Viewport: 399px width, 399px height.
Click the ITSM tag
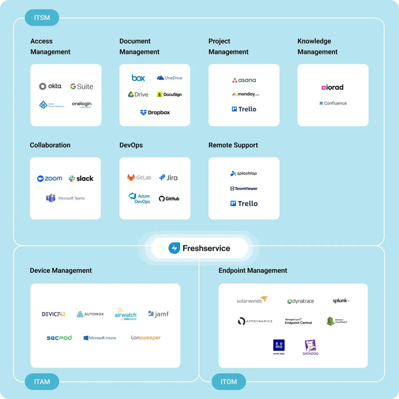pos(42,18)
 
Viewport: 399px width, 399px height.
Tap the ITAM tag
pos(42,381)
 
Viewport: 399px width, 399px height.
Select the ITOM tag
pos(229,381)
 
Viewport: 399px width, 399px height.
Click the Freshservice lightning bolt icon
pos(174,248)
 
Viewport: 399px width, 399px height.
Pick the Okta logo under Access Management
pos(50,86)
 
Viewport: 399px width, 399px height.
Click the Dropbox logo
pos(155,113)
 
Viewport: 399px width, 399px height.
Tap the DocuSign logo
pos(169,94)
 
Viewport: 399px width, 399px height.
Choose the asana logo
pos(244,80)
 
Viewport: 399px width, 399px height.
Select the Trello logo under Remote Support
pos(244,203)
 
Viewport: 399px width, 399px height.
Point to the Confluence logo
pos(333,103)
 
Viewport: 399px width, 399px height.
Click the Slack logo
pos(81,178)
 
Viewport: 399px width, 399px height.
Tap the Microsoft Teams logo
pos(65,198)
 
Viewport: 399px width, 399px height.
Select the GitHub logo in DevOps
pos(169,199)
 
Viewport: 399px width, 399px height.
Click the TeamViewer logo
pos(244,189)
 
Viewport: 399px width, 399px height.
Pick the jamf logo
pos(158,314)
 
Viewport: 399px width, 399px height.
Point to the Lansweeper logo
pos(146,338)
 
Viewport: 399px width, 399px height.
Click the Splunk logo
pos(341,301)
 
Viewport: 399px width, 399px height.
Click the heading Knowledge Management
pos(318,46)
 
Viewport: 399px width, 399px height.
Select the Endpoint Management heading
pos(253,270)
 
